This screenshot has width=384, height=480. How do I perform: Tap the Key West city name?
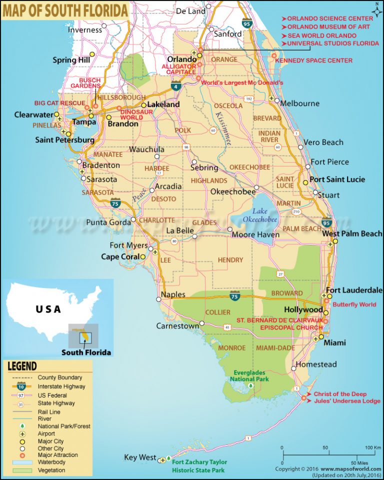(139, 458)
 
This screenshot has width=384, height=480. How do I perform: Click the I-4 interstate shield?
(176, 86)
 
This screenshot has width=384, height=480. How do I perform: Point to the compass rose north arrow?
(375, 8)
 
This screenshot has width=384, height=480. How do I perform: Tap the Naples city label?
(173, 294)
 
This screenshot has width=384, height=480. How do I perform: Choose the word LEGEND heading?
(22, 366)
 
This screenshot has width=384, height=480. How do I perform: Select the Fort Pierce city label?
(329, 162)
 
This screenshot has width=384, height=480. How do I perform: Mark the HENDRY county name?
(230, 260)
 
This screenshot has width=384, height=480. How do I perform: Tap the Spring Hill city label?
(71, 60)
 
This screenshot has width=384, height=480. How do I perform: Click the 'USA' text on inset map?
(48, 309)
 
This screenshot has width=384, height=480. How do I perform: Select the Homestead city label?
(316, 364)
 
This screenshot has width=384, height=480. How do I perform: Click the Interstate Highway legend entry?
(61, 386)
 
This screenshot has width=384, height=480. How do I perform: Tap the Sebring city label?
(204, 167)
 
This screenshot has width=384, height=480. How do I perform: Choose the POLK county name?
(183, 130)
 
